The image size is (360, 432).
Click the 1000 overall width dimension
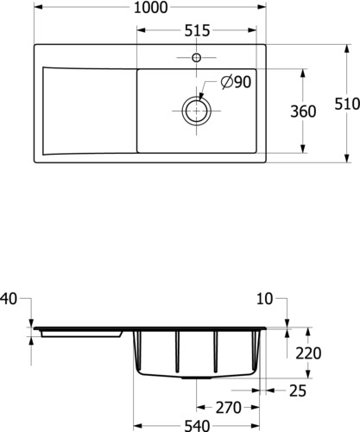[150, 8]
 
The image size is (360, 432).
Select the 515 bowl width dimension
[197, 30]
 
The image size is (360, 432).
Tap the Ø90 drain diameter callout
[236, 82]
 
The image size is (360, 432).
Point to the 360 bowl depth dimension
[303, 111]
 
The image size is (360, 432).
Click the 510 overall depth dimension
[347, 104]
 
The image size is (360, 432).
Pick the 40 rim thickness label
[9, 299]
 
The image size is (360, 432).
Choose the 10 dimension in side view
[264, 299]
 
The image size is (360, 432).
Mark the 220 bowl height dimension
[308, 353]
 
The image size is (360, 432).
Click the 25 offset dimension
[298, 391]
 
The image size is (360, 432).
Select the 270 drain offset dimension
[229, 408]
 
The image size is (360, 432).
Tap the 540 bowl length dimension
[197, 426]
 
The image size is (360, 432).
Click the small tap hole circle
[197, 58]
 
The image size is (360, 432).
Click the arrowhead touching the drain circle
[201, 97]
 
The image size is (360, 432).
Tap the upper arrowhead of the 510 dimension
[347, 49]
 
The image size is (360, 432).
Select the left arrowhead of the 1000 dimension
[39, 7]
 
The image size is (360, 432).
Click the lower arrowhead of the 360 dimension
[302, 149]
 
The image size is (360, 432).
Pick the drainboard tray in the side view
[82, 334]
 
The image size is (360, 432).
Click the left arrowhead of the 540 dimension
[138, 426]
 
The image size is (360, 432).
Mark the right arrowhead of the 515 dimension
[252, 30]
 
